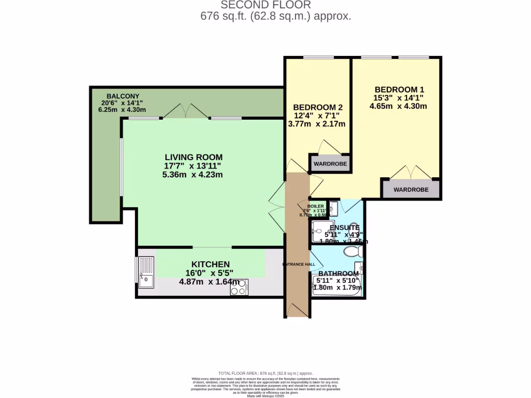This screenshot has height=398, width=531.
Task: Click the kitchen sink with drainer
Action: coord(146,272)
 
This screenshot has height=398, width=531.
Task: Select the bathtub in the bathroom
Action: coord(337,287)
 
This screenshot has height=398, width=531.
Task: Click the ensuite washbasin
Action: coord(333,208)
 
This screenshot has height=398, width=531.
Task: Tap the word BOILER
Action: coord(315,206)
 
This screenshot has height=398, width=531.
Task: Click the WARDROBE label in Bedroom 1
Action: coord(411,190)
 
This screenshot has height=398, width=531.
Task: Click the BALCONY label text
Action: coord(123,96)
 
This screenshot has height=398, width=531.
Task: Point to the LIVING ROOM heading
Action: coord(193,157)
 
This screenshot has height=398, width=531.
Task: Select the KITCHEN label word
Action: coord(210,264)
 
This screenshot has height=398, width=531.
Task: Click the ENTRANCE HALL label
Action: coord(299,264)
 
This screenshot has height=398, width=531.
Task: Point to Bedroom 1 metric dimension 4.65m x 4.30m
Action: coord(398,106)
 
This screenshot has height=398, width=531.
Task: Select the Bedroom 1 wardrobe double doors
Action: coord(411,172)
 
